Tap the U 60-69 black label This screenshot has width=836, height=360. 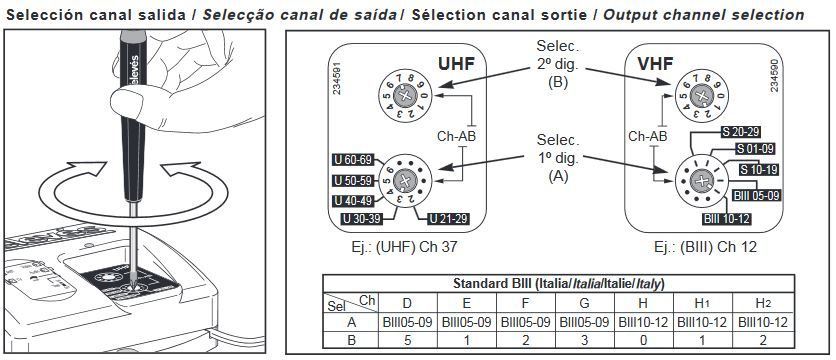pos(353,160)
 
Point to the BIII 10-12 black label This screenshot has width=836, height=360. pos(728,218)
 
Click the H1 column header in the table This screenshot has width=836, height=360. pos(700,301)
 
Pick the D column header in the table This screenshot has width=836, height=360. pos(406,301)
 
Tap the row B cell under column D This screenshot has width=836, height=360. pos(406,339)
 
